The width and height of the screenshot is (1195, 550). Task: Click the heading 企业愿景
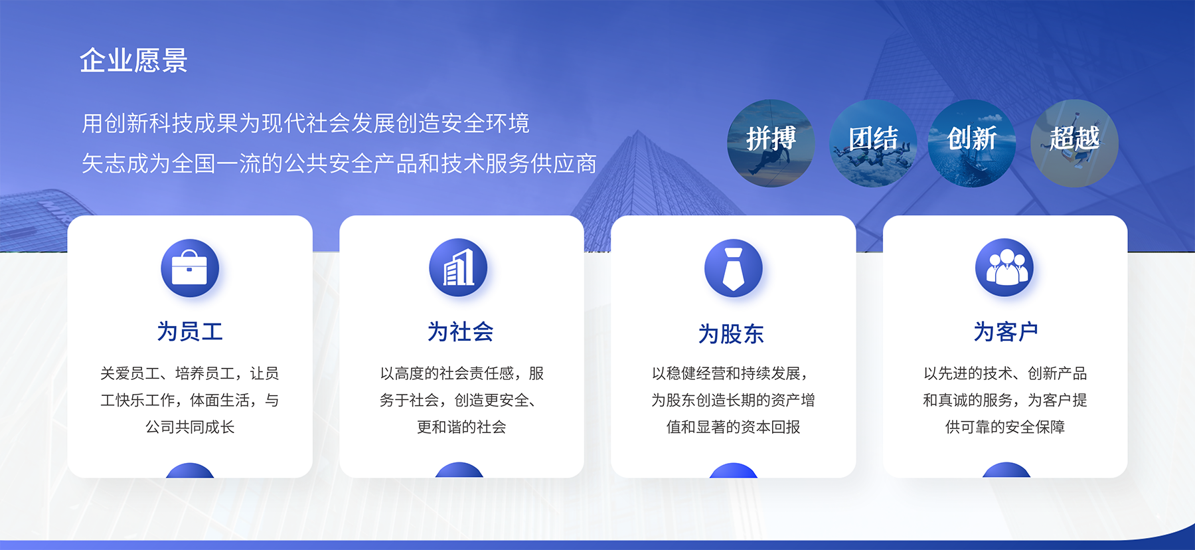tap(133, 60)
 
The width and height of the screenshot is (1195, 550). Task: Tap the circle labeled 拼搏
tap(771, 143)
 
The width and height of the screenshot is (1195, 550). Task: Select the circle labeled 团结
tap(873, 143)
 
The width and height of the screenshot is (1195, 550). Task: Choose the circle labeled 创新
tap(972, 143)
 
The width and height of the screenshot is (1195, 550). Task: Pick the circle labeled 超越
tap(1074, 143)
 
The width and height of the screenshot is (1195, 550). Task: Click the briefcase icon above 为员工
tap(190, 268)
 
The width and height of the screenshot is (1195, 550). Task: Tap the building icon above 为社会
tap(458, 268)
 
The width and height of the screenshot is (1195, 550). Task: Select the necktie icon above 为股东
tap(733, 268)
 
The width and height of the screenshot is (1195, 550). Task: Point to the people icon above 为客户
tap(1004, 268)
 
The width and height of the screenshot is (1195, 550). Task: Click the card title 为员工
tap(190, 331)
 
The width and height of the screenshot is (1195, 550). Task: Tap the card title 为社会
tap(461, 331)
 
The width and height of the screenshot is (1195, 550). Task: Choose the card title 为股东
tap(732, 333)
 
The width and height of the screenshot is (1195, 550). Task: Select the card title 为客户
tap(1006, 331)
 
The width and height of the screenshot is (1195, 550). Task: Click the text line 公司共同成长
tap(190, 427)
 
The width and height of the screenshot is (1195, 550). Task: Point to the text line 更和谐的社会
tap(461, 427)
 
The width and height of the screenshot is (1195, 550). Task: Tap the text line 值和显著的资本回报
tap(734, 427)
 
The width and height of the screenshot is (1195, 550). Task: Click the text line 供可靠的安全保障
tap(1005, 427)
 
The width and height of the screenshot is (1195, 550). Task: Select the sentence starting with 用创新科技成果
tap(305, 124)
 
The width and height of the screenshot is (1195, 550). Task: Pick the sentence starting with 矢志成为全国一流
tap(339, 163)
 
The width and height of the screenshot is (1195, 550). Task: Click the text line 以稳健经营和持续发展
tap(730, 374)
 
